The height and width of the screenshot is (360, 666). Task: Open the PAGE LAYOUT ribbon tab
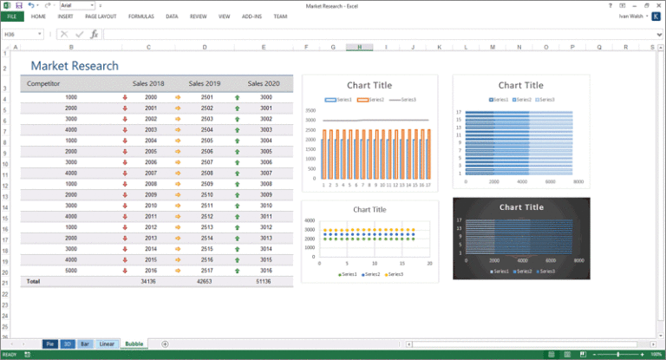(x=101, y=16)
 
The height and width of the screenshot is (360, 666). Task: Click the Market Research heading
(x=75, y=66)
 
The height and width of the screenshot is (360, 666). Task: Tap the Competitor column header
(x=43, y=83)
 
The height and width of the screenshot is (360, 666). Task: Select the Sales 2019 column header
(x=204, y=83)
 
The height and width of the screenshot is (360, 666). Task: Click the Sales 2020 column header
(x=264, y=83)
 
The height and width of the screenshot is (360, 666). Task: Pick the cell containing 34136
(x=148, y=281)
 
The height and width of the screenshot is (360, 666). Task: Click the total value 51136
(x=264, y=281)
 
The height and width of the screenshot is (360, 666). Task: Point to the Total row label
(x=33, y=281)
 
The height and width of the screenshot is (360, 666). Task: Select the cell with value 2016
(x=151, y=270)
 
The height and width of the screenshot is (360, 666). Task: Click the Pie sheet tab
(x=49, y=344)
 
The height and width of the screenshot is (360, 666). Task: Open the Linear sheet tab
(x=106, y=344)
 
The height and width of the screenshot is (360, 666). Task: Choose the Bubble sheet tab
(x=134, y=344)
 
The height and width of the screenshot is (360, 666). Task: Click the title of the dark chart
(x=521, y=207)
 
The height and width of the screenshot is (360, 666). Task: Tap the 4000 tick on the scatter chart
(x=310, y=221)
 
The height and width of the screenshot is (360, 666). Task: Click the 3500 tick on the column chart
(x=310, y=111)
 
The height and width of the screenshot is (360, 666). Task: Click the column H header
(x=359, y=47)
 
